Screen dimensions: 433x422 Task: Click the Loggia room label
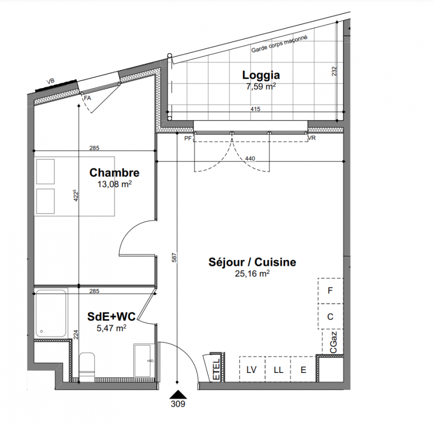point(261,75)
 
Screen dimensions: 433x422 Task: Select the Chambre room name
point(114,172)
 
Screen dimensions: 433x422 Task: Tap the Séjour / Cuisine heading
point(252,262)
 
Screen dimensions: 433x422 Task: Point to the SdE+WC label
point(111,316)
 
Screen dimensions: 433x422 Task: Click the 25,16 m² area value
point(252,273)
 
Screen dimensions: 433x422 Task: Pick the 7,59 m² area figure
point(261,87)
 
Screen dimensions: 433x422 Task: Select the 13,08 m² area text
point(114,184)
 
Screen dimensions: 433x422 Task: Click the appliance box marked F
point(330,291)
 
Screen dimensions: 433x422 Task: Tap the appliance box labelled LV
point(252,369)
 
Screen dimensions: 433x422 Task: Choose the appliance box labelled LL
point(278,369)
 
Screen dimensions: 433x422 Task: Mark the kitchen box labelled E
point(303,369)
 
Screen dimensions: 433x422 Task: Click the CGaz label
point(333,342)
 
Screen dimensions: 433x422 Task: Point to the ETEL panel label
point(217,369)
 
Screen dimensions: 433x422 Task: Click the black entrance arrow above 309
point(178,394)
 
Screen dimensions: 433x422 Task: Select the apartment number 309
point(178,404)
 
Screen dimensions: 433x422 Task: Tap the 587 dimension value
point(174,257)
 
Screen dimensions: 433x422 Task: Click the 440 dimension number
point(250,159)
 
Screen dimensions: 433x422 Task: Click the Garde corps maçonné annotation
point(279,44)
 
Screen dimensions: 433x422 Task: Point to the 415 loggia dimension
point(255,109)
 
